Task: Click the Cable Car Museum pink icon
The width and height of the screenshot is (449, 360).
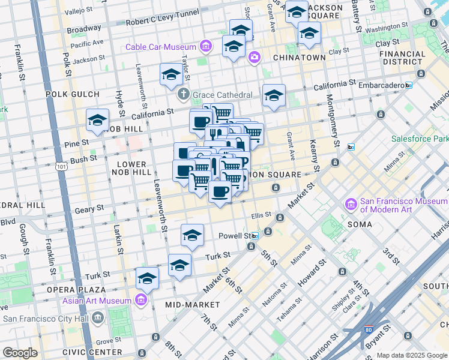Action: tap(206, 46)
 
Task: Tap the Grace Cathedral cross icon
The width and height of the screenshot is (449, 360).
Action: tap(184, 95)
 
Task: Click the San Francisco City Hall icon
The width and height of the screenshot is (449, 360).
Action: tap(98, 317)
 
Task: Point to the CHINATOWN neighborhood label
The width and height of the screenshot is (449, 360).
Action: tap(299, 58)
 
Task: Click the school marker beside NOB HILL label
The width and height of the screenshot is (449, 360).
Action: tap(97, 122)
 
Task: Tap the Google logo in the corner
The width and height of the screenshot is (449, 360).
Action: tap(20, 353)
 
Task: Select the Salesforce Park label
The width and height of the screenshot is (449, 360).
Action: tap(420, 139)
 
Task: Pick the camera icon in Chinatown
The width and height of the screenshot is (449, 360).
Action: tap(255, 56)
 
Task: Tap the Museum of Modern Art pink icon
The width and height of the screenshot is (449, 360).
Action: tap(351, 205)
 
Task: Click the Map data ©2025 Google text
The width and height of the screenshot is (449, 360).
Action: tap(411, 355)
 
